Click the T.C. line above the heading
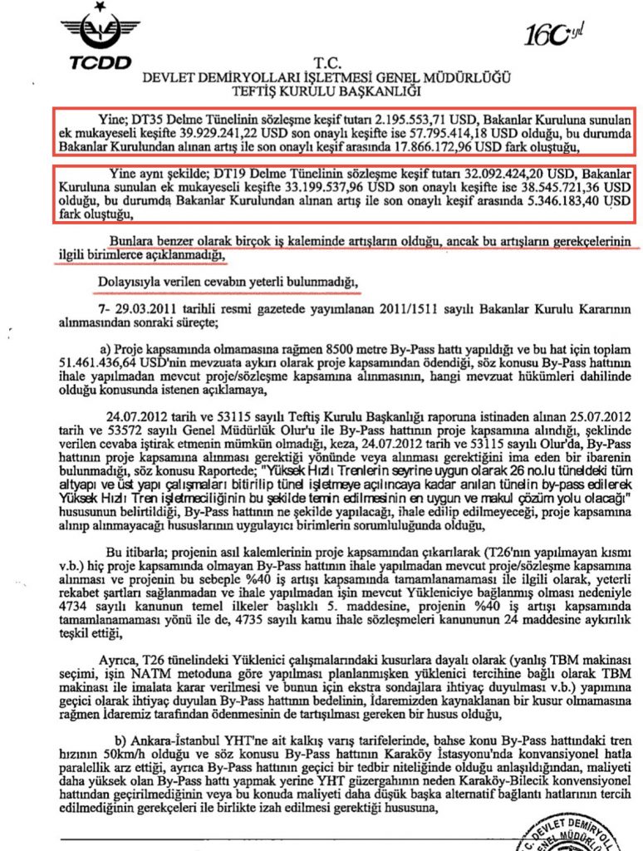click(x=321, y=62)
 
